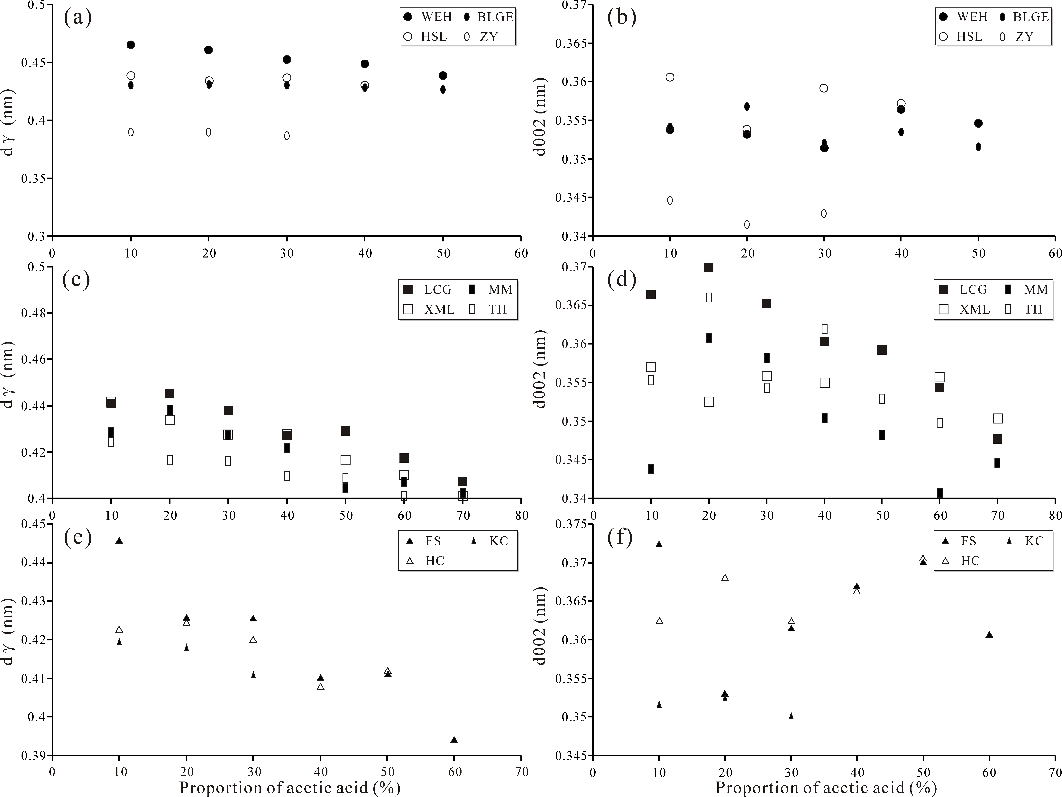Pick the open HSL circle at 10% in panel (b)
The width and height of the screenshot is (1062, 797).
coord(670,77)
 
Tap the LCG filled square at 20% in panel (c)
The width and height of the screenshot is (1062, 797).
coord(169,394)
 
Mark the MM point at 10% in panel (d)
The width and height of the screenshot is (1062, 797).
coord(651,469)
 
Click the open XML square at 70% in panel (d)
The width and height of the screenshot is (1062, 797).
coord(998,418)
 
